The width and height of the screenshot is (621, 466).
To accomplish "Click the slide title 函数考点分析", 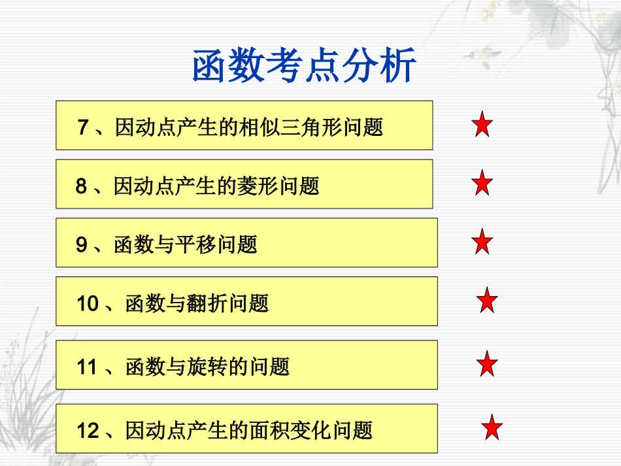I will pyautogui.click(x=305, y=67).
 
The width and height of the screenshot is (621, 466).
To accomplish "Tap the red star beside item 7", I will pyautogui.click(x=482, y=125).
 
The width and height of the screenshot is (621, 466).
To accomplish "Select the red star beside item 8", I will pyautogui.click(x=482, y=184).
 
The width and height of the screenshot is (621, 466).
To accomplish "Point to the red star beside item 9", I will pyautogui.click(x=482, y=242).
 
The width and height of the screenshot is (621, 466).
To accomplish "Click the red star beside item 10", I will pyautogui.click(x=487, y=301).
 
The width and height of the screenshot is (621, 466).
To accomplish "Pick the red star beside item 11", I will pyautogui.click(x=487, y=364).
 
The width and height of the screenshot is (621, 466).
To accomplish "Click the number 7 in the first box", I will pyautogui.click(x=82, y=127).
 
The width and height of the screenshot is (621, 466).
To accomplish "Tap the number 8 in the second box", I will pyautogui.click(x=81, y=187).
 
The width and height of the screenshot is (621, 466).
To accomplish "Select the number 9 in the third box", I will pyautogui.click(x=81, y=245).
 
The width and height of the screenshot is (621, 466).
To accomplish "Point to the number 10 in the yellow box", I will pyautogui.click(x=87, y=304).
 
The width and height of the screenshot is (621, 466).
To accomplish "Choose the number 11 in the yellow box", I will pyautogui.click(x=87, y=367).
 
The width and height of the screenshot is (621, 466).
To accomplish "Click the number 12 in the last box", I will pyautogui.click(x=88, y=431).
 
